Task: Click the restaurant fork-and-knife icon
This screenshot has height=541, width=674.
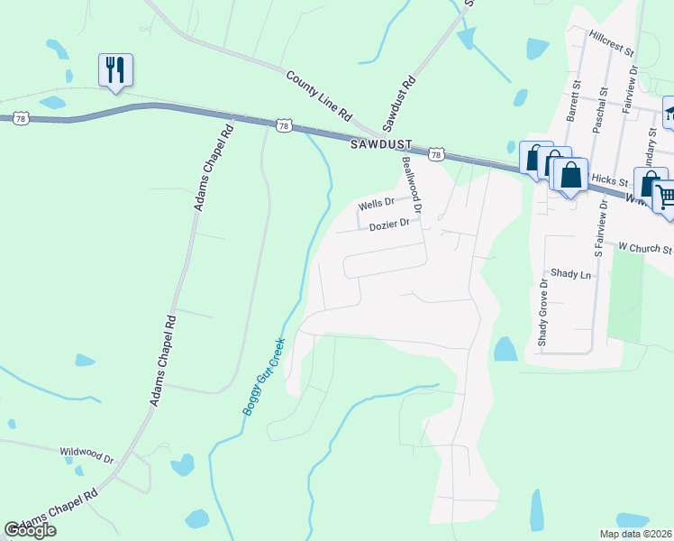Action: (x=115, y=69)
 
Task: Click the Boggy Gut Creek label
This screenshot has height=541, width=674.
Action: (x=263, y=376)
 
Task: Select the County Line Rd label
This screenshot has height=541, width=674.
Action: (x=319, y=96)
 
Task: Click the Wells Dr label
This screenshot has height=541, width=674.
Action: (x=377, y=204)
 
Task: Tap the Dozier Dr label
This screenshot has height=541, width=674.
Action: (x=389, y=225)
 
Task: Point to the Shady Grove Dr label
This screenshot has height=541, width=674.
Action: (x=542, y=313)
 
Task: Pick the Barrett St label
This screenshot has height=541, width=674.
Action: (x=572, y=105)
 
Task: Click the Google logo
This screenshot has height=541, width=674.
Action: (x=30, y=530)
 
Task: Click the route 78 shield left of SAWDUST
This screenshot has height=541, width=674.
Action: (x=284, y=126)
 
